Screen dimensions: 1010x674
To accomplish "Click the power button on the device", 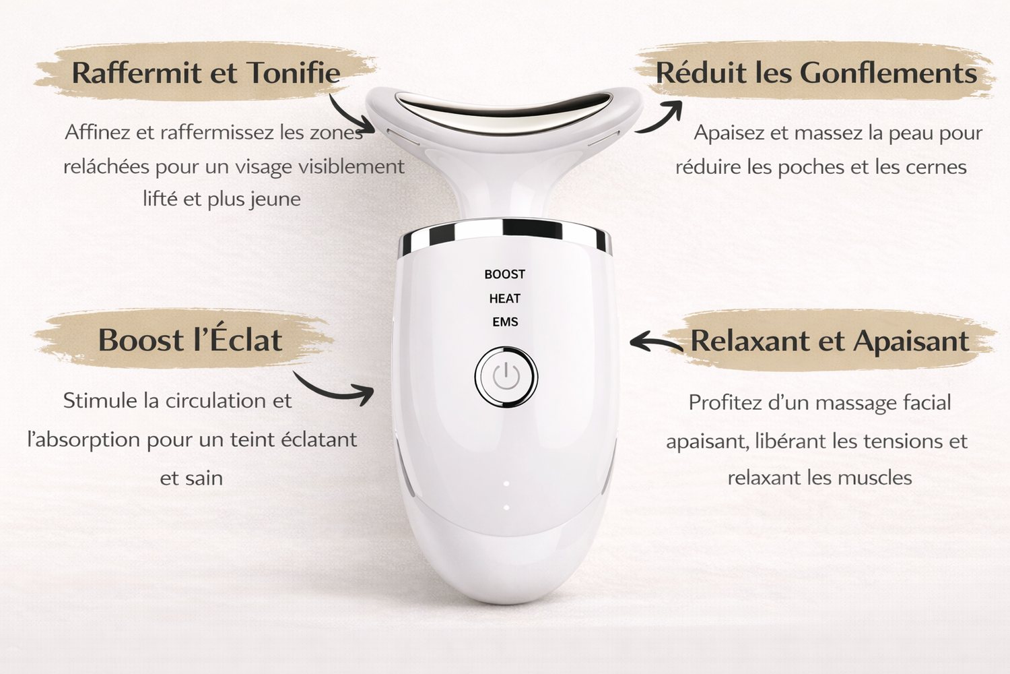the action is [506, 377].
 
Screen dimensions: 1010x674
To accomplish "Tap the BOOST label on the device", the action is [504, 274].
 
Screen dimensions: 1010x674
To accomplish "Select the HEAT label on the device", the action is [504, 299].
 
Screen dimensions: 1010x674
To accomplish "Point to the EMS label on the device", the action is [505, 322].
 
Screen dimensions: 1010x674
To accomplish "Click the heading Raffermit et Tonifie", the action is [206, 72].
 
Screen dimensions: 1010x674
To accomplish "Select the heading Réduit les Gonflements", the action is [816, 72].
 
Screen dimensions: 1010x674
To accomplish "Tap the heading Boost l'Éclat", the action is [191, 340].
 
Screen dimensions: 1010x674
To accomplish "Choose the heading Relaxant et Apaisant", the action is [830, 340].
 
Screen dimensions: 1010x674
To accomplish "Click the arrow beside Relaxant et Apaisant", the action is [654, 342].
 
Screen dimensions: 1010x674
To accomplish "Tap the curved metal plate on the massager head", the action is [504, 109].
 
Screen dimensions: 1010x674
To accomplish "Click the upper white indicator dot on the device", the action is [506, 483].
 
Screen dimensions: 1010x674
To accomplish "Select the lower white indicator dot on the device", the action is [506, 508].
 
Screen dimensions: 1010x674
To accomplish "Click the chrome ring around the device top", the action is [506, 235].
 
